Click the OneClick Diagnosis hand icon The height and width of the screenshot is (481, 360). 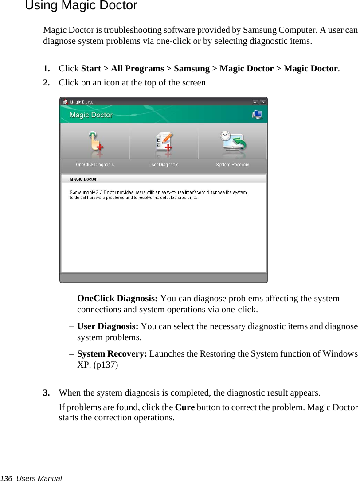95,143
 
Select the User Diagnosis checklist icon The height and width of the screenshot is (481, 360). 164,143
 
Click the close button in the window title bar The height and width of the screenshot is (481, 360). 263,101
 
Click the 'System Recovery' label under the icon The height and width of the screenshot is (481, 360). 232,165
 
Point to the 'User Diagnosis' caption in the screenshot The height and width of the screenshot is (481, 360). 164,165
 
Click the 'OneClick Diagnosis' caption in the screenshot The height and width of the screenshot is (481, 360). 95,165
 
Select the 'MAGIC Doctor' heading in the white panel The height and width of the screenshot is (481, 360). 83,179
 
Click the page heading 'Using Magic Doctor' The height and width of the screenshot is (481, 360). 81,6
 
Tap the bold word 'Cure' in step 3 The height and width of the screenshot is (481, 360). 184,407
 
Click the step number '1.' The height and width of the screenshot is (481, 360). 46,69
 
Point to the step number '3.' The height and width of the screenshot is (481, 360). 46,393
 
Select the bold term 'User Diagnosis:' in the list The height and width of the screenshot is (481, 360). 108,326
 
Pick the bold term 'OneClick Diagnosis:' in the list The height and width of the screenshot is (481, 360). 117,299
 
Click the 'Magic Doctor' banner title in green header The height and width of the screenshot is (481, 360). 91,115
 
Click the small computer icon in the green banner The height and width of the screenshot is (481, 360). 257,115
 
